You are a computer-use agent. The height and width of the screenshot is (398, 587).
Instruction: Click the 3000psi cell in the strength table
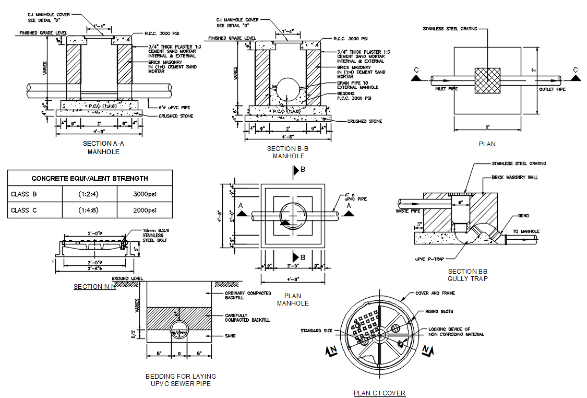click(145, 194)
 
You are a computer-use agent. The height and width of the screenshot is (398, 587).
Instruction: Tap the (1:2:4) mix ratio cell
click(90, 194)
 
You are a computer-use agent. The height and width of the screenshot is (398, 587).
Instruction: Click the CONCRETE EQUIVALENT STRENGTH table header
click(89, 178)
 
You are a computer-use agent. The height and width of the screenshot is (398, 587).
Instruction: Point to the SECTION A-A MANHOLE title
click(104, 147)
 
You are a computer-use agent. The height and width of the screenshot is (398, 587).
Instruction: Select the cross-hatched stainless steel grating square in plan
click(487, 80)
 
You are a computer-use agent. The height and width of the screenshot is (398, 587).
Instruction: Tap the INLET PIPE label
click(446, 89)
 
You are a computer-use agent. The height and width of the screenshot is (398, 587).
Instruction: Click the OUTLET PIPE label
click(552, 89)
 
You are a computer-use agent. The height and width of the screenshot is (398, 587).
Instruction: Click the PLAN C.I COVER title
click(379, 393)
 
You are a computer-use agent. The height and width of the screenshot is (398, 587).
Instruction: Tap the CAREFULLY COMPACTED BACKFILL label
click(247, 317)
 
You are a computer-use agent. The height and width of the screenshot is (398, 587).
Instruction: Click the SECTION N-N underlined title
click(94, 287)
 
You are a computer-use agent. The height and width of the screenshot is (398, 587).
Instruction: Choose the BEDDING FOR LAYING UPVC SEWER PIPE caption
click(181, 380)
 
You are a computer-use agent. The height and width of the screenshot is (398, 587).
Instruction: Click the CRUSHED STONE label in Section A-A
click(176, 116)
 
